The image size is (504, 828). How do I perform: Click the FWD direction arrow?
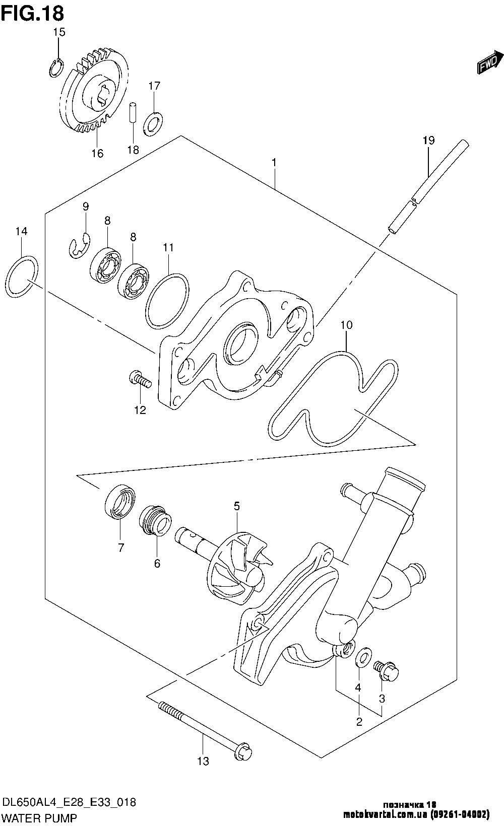tap(490, 62)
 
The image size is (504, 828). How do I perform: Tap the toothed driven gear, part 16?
tap(95, 90)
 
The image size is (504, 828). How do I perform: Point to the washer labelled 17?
tap(154, 123)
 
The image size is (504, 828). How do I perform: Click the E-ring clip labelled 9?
tap(79, 245)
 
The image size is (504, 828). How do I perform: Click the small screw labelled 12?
tap(140, 380)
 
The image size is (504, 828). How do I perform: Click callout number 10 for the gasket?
tap(346, 325)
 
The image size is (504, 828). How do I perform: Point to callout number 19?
tap(428, 140)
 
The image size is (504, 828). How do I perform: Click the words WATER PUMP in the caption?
tap(39, 818)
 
